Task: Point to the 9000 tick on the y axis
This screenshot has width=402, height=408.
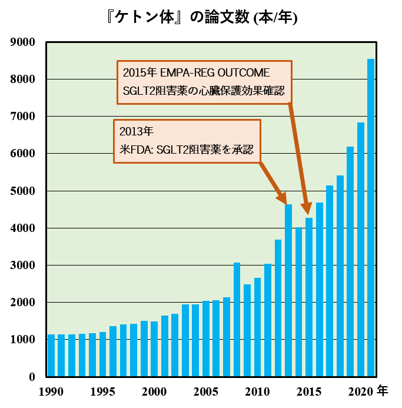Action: coord(22,42)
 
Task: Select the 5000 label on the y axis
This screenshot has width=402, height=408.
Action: coord(22,191)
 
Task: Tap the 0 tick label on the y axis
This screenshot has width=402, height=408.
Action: coord(32,377)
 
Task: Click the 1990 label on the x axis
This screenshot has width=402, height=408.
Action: coord(51,392)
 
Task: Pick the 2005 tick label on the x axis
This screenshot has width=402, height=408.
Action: coord(206,392)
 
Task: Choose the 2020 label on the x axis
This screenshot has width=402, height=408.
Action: coord(361,392)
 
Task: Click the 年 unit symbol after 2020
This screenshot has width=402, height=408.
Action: coord(383,391)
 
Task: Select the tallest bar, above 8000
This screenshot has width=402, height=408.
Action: coord(371,217)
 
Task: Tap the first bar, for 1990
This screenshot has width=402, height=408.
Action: coord(51,355)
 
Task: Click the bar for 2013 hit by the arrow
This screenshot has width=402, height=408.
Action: coord(288,290)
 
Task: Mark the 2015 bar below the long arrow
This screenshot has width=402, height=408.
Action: coord(309,297)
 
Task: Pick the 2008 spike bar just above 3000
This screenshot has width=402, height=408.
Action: coord(237,319)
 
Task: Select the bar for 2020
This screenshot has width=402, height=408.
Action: coord(361,249)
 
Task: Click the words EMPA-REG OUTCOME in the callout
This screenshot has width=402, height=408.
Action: coord(215,72)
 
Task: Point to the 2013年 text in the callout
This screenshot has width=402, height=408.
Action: coord(137,131)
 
